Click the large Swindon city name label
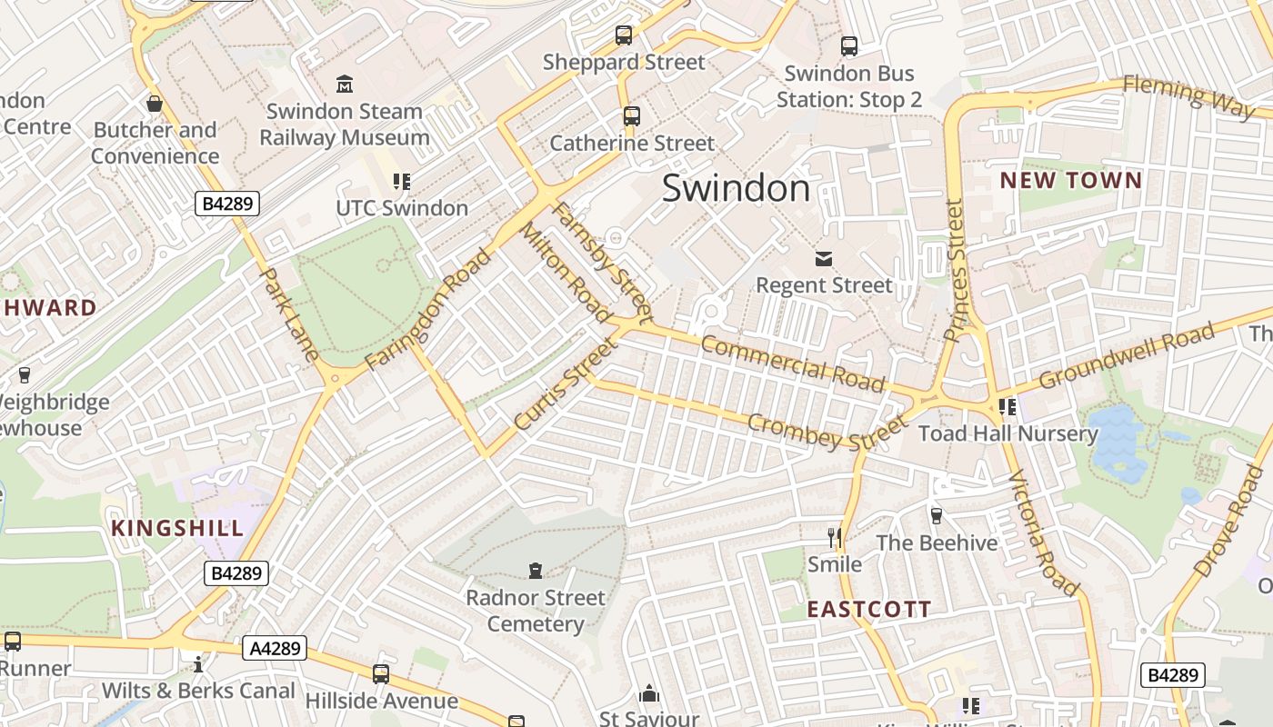pyautogui.click(x=736, y=188)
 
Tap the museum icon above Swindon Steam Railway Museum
pyautogui.click(x=345, y=85)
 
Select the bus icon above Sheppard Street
pyautogui.click(x=624, y=35)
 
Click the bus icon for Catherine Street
pyautogui.click(x=631, y=116)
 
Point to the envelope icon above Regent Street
pyautogui.click(x=824, y=259)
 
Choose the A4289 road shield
pyautogui.click(x=275, y=648)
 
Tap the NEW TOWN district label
pyautogui.click(x=1070, y=180)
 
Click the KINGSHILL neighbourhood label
pyautogui.click(x=177, y=528)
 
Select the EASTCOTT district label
pyautogui.click(x=869, y=609)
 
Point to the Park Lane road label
pyautogui.click(x=289, y=314)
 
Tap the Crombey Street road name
pyautogui.click(x=827, y=429)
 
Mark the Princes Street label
pyautogui.click(x=953, y=270)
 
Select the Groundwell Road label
pyautogui.click(x=1126, y=355)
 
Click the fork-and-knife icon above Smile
pyautogui.click(x=835, y=537)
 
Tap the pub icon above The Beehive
pyautogui.click(x=936, y=515)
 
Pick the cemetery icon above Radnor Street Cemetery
pyautogui.click(x=536, y=571)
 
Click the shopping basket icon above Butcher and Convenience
pyautogui.click(x=155, y=104)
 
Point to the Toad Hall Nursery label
pyautogui.click(x=1008, y=433)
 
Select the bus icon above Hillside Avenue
pyautogui.click(x=381, y=674)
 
